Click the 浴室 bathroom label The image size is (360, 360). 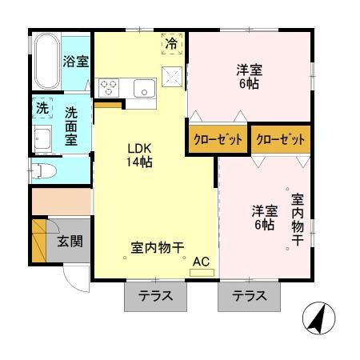pyautogui.click(x=77, y=62)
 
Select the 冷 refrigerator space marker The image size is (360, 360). pyautogui.click(x=171, y=44)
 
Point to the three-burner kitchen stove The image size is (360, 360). pyautogui.click(x=110, y=87)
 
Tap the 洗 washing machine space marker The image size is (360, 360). pyautogui.click(x=42, y=106)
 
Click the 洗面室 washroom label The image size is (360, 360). pyautogui.click(x=71, y=126)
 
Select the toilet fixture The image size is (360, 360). pyautogui.click(x=44, y=169)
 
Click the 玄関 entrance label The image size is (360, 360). pyautogui.click(x=70, y=240)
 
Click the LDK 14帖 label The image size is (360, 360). pyautogui.click(x=139, y=154)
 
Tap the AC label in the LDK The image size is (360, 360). pyautogui.click(x=202, y=260)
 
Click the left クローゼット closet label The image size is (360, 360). pyautogui.click(x=217, y=139)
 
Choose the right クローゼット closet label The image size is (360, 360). pyautogui.click(x=280, y=139)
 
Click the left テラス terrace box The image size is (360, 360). pyautogui.click(x=155, y=296)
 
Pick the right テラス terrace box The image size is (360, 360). pyautogui.click(x=250, y=296)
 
